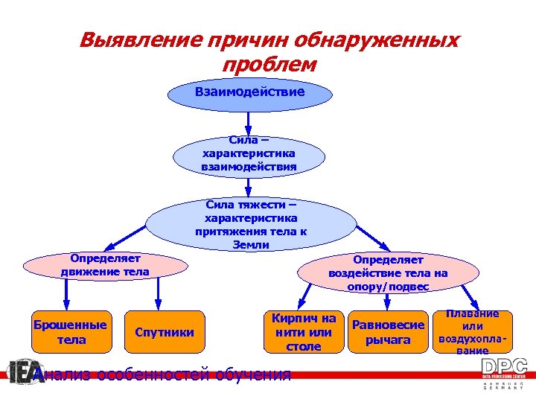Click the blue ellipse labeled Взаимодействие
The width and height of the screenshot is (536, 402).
(x=249, y=93)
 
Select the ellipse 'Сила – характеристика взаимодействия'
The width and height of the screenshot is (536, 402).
(x=249, y=154)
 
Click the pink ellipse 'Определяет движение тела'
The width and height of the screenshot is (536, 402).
(x=105, y=265)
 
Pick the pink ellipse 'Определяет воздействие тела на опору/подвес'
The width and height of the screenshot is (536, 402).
(x=388, y=272)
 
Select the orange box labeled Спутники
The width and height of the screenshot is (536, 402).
(x=165, y=332)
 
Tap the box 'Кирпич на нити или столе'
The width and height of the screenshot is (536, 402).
(x=303, y=332)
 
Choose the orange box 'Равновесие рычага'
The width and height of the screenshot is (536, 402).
(x=388, y=332)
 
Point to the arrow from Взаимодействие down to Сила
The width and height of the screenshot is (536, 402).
(x=249, y=122)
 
